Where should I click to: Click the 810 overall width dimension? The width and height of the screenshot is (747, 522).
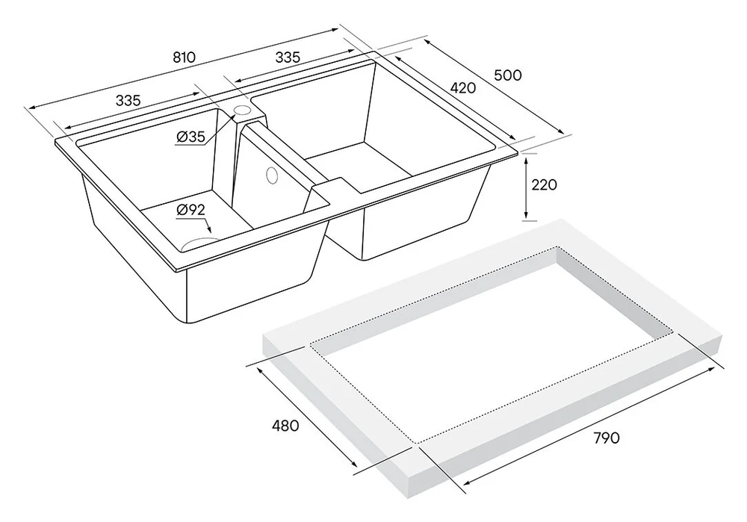tap(184, 58)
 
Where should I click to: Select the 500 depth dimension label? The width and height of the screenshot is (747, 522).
tap(508, 75)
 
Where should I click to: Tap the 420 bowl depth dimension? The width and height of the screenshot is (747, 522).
tap(462, 87)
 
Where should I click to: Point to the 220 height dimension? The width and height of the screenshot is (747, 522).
tap(544, 184)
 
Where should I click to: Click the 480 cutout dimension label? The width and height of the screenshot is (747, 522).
tap(285, 426)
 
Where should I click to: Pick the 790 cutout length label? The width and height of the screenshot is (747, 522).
tap(607, 438)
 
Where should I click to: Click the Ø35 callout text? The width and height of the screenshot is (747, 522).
tap(190, 137)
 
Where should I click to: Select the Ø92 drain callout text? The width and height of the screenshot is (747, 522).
tap(190, 210)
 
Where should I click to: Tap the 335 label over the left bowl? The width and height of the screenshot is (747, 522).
tap(128, 101)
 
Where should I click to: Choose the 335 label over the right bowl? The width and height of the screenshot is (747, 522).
tap(288, 58)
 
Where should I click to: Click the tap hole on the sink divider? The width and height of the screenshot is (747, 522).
tap(242, 111)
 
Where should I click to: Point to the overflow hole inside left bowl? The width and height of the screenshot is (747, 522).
tap(272, 175)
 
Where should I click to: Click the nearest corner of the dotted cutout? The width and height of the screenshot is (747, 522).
tap(418, 444)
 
